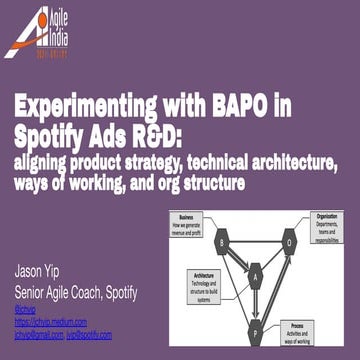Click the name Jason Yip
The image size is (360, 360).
point(42,272)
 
